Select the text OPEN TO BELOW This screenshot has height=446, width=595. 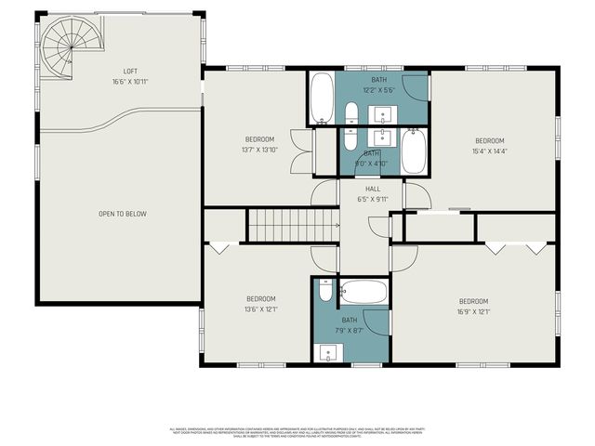point(123,214)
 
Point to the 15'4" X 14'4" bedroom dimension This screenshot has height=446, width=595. point(489,151)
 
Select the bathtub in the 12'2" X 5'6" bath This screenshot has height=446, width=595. point(322,98)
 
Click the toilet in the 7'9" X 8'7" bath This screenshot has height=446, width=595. point(324,291)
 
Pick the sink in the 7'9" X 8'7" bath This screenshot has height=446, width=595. point(325,352)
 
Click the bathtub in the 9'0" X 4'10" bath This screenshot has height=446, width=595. point(414,151)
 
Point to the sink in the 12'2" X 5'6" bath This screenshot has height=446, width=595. point(383,115)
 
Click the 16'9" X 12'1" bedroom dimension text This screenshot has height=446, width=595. point(473,311)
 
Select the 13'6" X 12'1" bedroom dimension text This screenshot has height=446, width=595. point(260,309)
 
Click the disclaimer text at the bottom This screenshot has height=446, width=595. point(297,432)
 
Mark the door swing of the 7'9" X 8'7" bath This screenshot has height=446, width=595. point(375,322)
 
